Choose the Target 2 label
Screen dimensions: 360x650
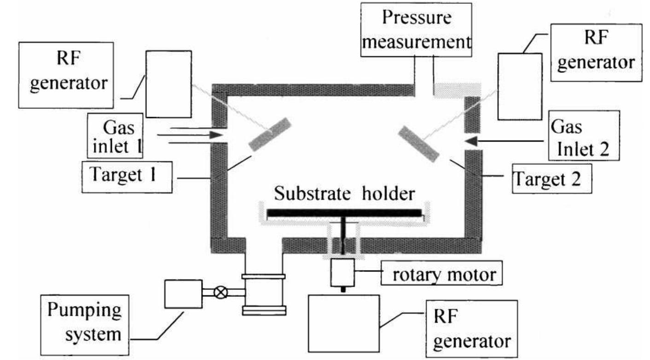552,179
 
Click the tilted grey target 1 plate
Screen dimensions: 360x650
270,134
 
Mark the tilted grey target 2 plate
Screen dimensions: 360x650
418,143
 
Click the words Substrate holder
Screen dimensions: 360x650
344,194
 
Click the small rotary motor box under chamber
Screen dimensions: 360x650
342,272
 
